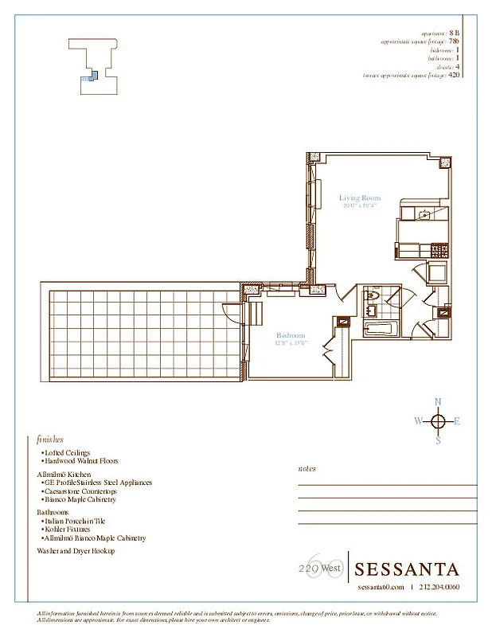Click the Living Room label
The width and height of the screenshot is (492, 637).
(360, 198)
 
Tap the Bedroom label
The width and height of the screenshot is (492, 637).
(291, 335)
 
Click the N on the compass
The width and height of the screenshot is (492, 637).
(438, 402)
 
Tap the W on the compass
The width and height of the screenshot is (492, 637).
(418, 422)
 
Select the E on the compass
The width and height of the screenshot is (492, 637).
(457, 422)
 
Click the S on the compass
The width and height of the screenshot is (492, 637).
(438, 441)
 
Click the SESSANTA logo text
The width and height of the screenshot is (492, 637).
(406, 569)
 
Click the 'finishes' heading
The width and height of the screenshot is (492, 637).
(50, 439)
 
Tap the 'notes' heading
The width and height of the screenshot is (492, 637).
(307, 469)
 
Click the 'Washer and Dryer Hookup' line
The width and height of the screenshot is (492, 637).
(76, 550)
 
